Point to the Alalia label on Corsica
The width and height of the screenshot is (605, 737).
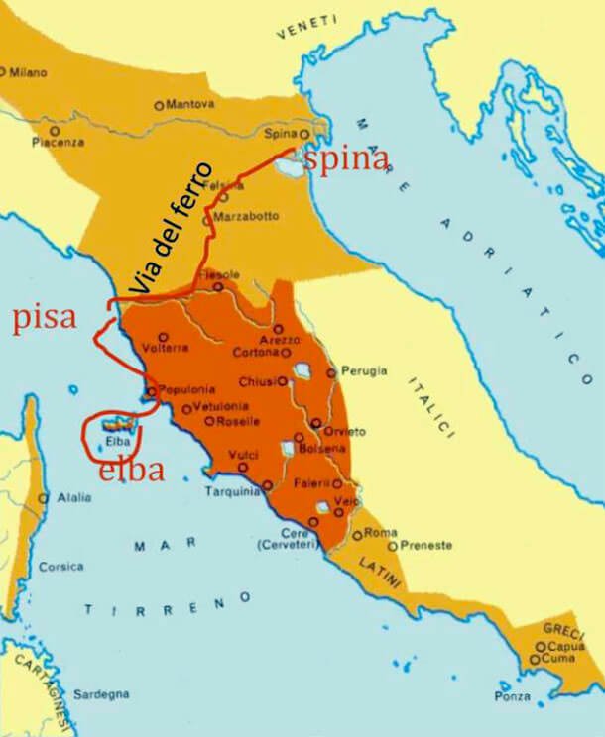[x=73, y=497]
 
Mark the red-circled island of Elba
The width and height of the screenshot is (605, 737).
[x=115, y=430]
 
